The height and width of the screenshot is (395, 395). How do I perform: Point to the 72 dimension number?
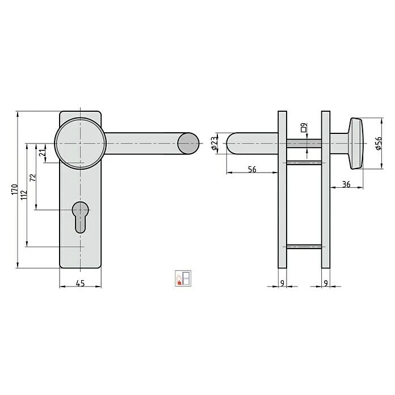coord(33,178)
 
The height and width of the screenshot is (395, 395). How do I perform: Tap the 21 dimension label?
coord(42,153)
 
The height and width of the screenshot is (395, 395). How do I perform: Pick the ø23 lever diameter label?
coord(215,143)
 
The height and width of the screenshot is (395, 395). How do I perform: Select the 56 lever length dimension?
coord(252,170)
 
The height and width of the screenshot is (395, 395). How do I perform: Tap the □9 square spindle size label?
coord(304,128)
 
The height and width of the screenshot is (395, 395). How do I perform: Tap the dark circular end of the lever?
coord(188,142)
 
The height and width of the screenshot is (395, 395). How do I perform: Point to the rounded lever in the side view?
coord(250,143)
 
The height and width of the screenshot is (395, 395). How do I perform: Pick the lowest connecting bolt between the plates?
coord(304,246)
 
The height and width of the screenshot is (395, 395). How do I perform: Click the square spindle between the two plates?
coord(304,144)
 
